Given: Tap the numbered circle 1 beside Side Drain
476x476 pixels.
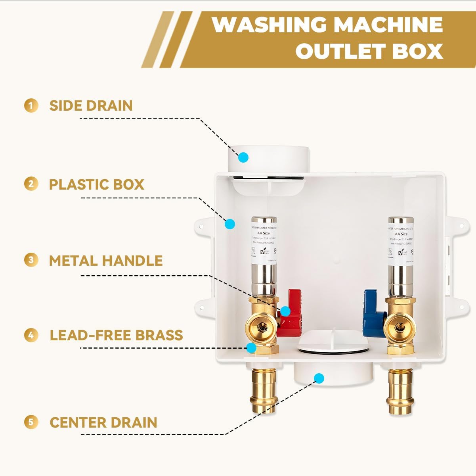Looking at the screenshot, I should pyautogui.click(x=31, y=106).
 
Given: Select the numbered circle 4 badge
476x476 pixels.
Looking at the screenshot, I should pyautogui.click(x=31, y=335).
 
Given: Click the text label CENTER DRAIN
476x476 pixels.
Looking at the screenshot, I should pyautogui.click(x=103, y=422).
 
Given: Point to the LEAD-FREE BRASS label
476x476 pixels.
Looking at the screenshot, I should pyautogui.click(x=116, y=335).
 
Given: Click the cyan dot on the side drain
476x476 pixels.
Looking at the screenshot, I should pyautogui.click(x=243, y=157).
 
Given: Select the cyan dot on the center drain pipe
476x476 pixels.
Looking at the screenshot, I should pyautogui.click(x=319, y=378).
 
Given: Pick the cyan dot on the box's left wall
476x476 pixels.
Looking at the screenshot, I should pyautogui.click(x=229, y=224).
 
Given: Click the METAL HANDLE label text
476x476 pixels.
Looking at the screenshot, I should pyautogui.click(x=106, y=261).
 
